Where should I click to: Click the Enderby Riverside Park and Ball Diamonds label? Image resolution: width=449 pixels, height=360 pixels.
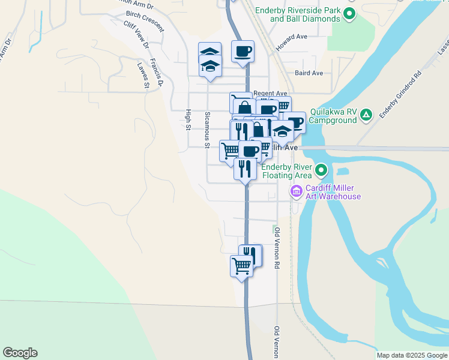click(297, 14)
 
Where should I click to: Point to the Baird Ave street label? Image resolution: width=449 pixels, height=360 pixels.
click(309, 73)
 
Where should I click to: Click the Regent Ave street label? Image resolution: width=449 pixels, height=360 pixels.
click(270, 93)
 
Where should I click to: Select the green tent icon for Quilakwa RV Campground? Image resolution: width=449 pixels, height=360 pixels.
click(367, 115)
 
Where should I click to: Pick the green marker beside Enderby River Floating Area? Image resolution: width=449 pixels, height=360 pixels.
click(322, 171)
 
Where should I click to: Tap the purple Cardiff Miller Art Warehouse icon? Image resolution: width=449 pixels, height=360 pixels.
click(295, 192)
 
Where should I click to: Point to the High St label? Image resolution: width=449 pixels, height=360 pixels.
click(188, 119)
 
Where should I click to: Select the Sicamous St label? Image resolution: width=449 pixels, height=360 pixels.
click(207, 130)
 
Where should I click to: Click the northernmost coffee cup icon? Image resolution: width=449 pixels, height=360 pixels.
click(243, 51)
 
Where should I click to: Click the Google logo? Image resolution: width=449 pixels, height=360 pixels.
click(20, 353)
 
